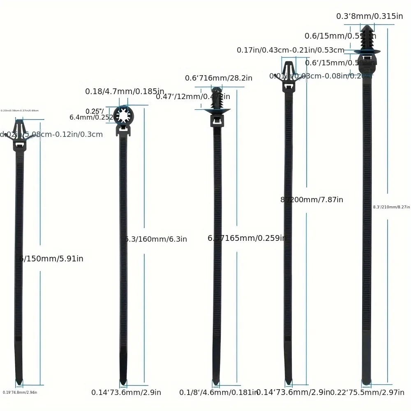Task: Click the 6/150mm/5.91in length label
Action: (51, 259)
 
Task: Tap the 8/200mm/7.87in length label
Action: (312, 200)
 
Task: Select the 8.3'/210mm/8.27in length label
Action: (391, 207)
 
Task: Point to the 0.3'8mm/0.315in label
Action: (369, 16)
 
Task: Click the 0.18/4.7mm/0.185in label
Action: (125, 91)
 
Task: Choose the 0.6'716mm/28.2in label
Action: (218, 78)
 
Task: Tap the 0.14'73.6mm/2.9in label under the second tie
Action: (126, 393)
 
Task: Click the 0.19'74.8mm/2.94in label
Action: (20, 393)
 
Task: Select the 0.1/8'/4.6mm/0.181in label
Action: (218, 393)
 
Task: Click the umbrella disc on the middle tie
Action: (217, 110)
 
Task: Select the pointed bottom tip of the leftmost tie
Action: (19, 381)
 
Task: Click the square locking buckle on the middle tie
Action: (217, 121)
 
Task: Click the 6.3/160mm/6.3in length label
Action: (156, 239)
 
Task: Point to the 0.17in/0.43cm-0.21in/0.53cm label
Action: (291, 50)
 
